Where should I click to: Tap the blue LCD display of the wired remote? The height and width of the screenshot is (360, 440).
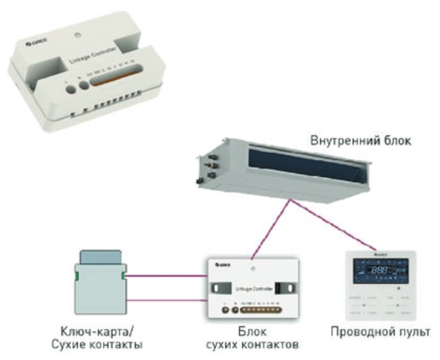tap(378, 272)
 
